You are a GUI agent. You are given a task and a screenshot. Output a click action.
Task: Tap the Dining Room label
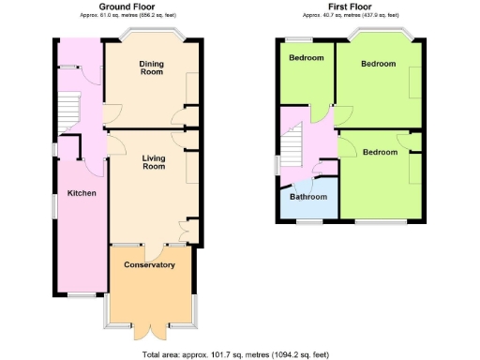pos(152,67)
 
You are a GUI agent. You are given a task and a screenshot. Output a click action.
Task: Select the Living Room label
pos(154,162)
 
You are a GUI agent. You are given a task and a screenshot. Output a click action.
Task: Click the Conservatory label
pos(150,265)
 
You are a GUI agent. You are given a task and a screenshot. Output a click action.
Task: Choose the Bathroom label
pos(308,197)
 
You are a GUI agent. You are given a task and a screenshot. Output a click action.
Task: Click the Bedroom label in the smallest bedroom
pos(306,58)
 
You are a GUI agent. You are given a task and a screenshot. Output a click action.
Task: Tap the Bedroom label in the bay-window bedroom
pos(378,64)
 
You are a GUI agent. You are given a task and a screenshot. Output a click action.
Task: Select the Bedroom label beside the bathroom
pos(380,152)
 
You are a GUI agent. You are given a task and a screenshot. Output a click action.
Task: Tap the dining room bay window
pos(152,35)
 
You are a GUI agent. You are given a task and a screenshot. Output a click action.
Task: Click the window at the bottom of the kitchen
pos(81,295)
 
